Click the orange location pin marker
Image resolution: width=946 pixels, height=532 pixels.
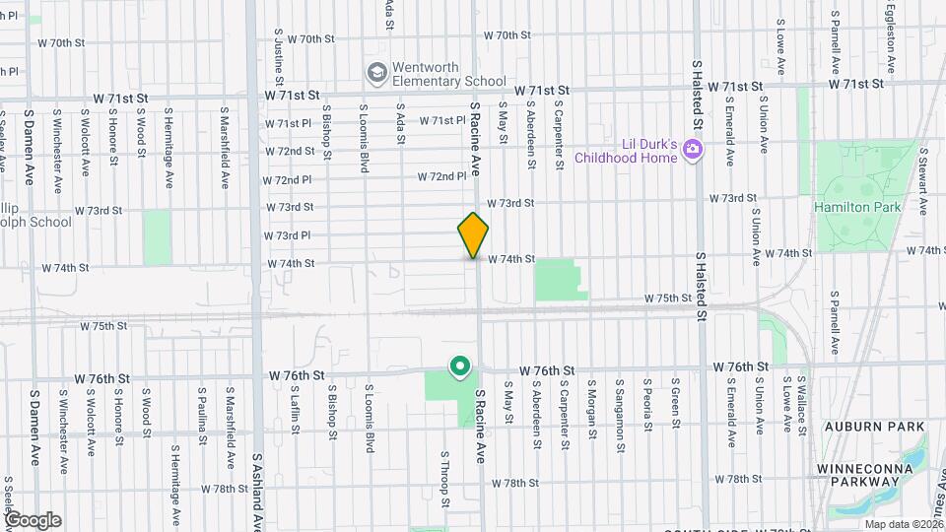click(x=473, y=234)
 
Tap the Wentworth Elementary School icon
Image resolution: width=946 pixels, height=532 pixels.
click(x=375, y=73)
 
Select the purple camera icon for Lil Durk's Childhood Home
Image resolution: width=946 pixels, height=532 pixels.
click(x=693, y=150)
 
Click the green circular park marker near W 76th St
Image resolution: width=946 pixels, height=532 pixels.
click(x=458, y=366)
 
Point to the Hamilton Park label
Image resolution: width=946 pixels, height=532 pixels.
click(x=844, y=208)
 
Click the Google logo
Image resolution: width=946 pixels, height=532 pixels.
click(x=33, y=519)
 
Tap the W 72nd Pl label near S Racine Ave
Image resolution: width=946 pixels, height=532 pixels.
click(x=441, y=176)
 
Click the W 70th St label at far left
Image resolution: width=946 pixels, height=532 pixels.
click(x=62, y=43)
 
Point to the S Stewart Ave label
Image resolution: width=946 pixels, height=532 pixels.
click(x=923, y=182)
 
